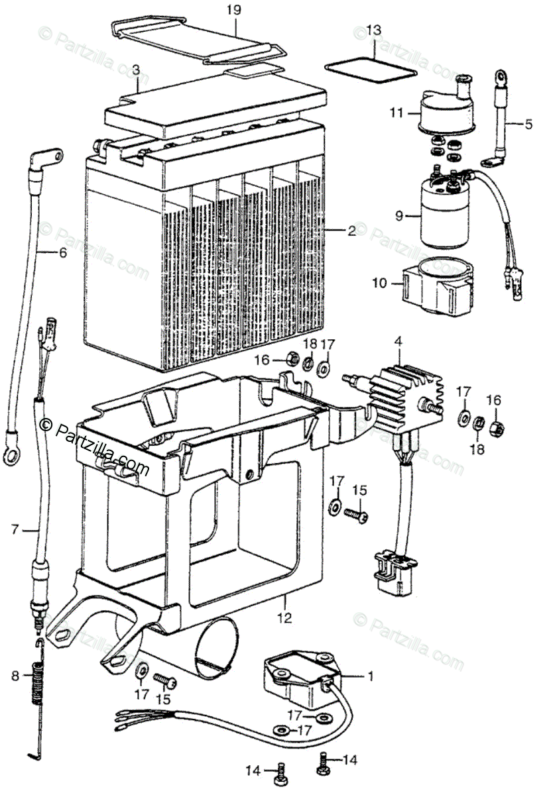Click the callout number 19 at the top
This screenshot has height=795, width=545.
pos(233,10)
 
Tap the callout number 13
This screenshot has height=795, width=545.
pos(374,30)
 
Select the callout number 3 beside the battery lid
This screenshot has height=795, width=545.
pos(135,69)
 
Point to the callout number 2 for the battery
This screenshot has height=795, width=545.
pos(351,231)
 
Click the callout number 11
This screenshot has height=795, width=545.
pos(396,113)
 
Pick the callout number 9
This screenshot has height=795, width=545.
pos(398,215)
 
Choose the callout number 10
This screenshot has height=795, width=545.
pos(379,284)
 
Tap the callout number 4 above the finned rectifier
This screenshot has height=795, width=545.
pos(398,342)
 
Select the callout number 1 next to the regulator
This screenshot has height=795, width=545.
pos(371,676)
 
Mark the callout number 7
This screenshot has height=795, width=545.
pos(15,529)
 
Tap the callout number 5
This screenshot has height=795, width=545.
pos(528,123)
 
